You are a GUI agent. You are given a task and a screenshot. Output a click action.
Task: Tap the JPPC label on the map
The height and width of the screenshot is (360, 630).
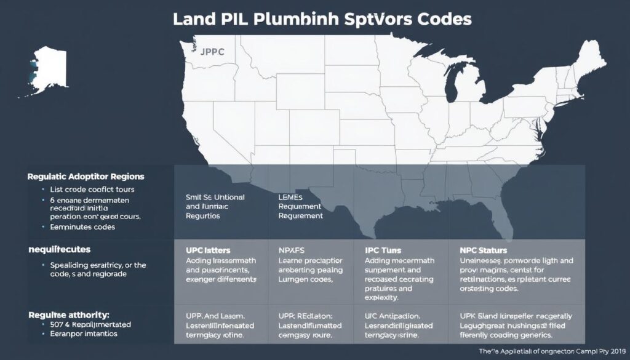point(213,52)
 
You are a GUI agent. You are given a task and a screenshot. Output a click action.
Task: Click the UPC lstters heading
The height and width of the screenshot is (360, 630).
point(208,251)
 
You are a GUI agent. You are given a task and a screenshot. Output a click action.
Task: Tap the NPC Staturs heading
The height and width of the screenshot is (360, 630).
point(483,251)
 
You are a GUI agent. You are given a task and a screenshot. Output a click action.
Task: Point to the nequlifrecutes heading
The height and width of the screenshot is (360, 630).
point(59,250)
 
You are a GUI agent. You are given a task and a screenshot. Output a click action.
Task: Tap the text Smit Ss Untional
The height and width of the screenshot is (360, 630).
point(215,197)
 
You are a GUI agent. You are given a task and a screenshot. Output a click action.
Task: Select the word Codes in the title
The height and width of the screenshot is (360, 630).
point(442,18)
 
